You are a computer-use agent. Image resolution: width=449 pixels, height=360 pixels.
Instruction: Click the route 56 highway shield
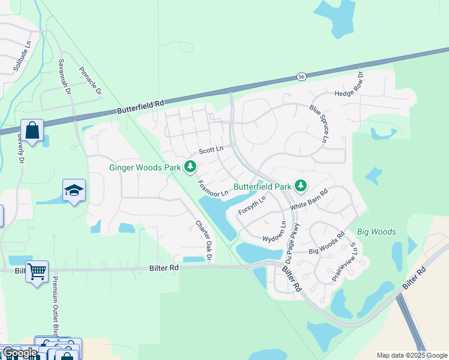pos(301,77)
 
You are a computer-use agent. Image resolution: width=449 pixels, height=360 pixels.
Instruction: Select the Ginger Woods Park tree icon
pos(190,166)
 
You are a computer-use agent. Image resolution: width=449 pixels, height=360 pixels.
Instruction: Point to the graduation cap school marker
pos(74,190)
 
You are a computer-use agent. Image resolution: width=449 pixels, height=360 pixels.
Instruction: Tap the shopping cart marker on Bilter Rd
pos(37,271)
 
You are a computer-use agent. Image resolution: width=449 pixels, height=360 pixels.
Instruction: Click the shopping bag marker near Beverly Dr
pos(32,130)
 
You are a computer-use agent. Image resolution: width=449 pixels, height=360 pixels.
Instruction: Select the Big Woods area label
pos(376,232)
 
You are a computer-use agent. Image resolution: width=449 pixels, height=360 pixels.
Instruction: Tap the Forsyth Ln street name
pos(252,206)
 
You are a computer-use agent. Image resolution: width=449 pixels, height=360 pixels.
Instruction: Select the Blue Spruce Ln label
pos(319,124)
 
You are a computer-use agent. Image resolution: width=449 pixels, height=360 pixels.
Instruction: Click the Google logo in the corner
pos(19,353)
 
